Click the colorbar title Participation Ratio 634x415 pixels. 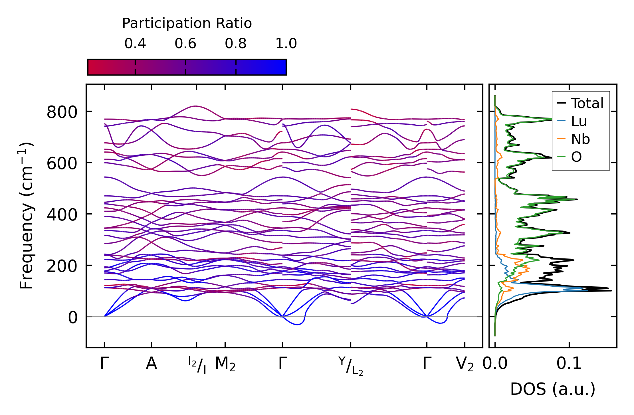coord(187,23)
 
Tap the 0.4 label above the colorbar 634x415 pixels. coord(135,44)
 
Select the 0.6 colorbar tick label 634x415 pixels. coord(185,44)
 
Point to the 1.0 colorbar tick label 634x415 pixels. coord(286,44)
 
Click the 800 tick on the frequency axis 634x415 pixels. coord(62,112)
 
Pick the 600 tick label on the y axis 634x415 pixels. coord(62,164)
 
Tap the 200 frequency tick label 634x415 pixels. coord(62,266)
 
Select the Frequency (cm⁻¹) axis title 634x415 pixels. coord(26,216)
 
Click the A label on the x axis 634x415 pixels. coord(151,364)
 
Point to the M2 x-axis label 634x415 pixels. coord(225,364)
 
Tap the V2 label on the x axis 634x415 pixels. coord(465,364)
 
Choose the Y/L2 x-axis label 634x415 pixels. coord(351,366)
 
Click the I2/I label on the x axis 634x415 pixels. coord(197,365)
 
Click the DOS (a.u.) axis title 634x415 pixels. coord(553,389)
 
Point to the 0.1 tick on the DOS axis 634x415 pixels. coord(569,364)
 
